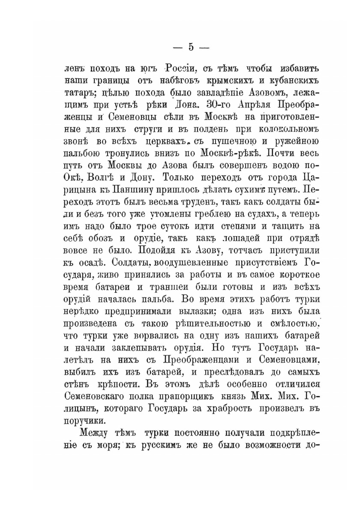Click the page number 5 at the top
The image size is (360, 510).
pyautogui.click(x=192, y=48)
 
